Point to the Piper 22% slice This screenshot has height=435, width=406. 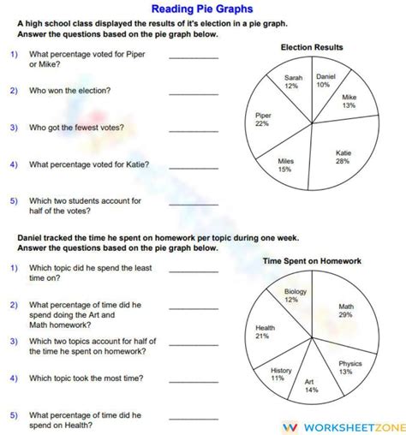coord(265,120)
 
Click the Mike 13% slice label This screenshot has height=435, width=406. coord(349,102)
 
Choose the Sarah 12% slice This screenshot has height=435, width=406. coord(292,82)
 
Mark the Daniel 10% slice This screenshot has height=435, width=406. coord(324,81)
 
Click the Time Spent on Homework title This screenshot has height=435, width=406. coord(312,260)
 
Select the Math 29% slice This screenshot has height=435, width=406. coord(345,309)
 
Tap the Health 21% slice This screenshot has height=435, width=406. coord(266,331)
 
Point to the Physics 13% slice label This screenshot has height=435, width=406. coord(344,367)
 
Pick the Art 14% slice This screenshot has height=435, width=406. coord(312,384)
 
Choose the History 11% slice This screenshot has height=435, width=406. coord(279,373)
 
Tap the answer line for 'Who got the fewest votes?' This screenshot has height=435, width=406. coord(194,130)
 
